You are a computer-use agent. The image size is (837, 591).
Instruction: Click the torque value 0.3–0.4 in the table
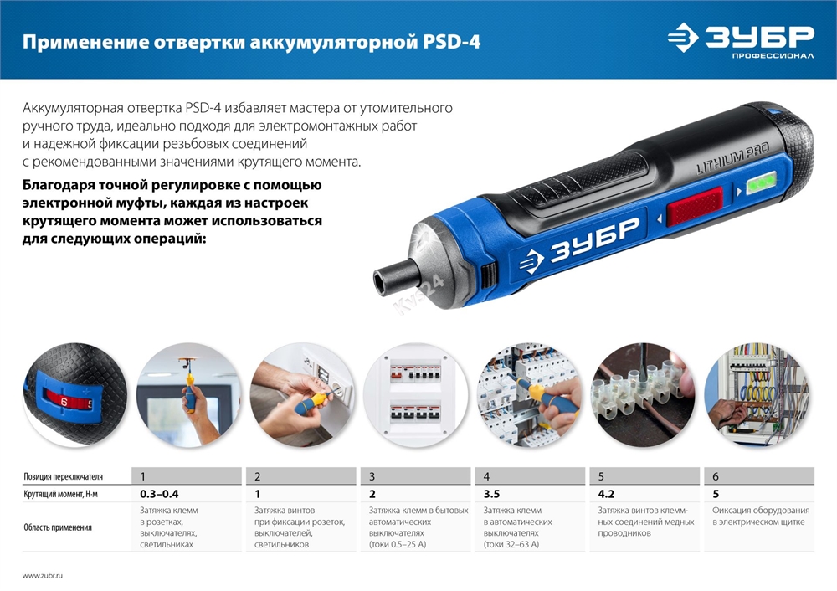tap(159, 494)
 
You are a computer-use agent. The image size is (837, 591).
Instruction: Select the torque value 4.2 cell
tap(607, 494)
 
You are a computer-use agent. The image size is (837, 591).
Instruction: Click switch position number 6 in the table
tap(716, 476)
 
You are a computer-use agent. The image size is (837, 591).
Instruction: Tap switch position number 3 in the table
tap(372, 476)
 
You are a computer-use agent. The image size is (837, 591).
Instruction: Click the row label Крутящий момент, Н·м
tap(60, 494)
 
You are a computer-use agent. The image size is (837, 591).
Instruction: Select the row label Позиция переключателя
tap(64, 476)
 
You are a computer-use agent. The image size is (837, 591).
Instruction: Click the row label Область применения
tap(57, 527)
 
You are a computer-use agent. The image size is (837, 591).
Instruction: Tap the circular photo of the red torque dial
tap(74, 395)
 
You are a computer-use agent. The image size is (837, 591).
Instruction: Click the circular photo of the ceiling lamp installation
tap(188, 395)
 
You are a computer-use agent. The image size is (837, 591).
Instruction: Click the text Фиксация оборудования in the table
tap(760, 510)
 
